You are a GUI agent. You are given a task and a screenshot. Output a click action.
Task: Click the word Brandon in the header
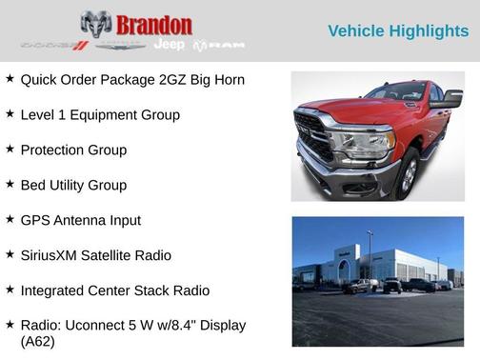click(155, 25)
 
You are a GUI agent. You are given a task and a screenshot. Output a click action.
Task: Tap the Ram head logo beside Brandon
click(95, 24)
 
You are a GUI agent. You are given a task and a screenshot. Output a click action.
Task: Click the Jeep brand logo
click(169, 45)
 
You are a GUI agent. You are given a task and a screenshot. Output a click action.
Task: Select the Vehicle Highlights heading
click(398, 31)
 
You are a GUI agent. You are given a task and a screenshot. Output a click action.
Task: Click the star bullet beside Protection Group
click(10, 149)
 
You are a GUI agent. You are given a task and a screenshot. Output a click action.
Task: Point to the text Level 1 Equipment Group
click(100, 114)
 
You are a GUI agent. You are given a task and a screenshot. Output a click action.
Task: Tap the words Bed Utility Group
click(73, 185)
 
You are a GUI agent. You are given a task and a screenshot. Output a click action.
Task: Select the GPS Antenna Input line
click(80, 220)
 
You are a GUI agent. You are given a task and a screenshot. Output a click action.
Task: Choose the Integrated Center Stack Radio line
click(114, 290)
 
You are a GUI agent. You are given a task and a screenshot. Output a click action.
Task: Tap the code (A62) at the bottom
click(38, 341)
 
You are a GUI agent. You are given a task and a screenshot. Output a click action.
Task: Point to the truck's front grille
click(312, 135)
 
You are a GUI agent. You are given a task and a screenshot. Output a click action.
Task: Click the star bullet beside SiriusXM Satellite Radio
click(10, 254)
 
